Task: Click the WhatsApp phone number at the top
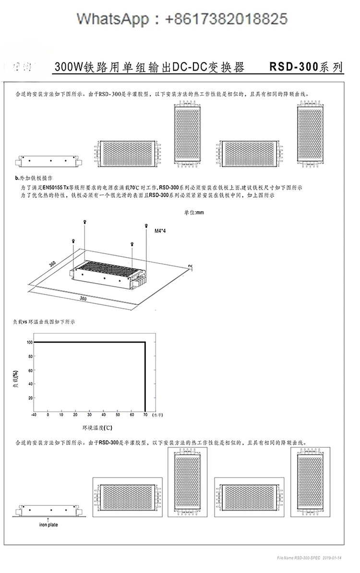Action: pos(226,19)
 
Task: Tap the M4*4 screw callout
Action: pos(160,231)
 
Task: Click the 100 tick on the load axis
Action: pos(29,342)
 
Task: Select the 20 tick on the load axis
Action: pos(30,398)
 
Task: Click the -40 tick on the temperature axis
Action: pos(34,414)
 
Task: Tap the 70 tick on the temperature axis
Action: pos(145,414)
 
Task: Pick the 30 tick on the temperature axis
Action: pos(89,414)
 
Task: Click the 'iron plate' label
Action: pos(48,525)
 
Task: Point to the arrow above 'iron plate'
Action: pos(48,519)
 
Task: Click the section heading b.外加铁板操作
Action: pos(33,178)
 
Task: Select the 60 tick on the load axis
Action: pos(30,370)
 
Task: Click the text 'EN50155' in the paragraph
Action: pos(53,187)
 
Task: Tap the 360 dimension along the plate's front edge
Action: pos(83,298)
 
